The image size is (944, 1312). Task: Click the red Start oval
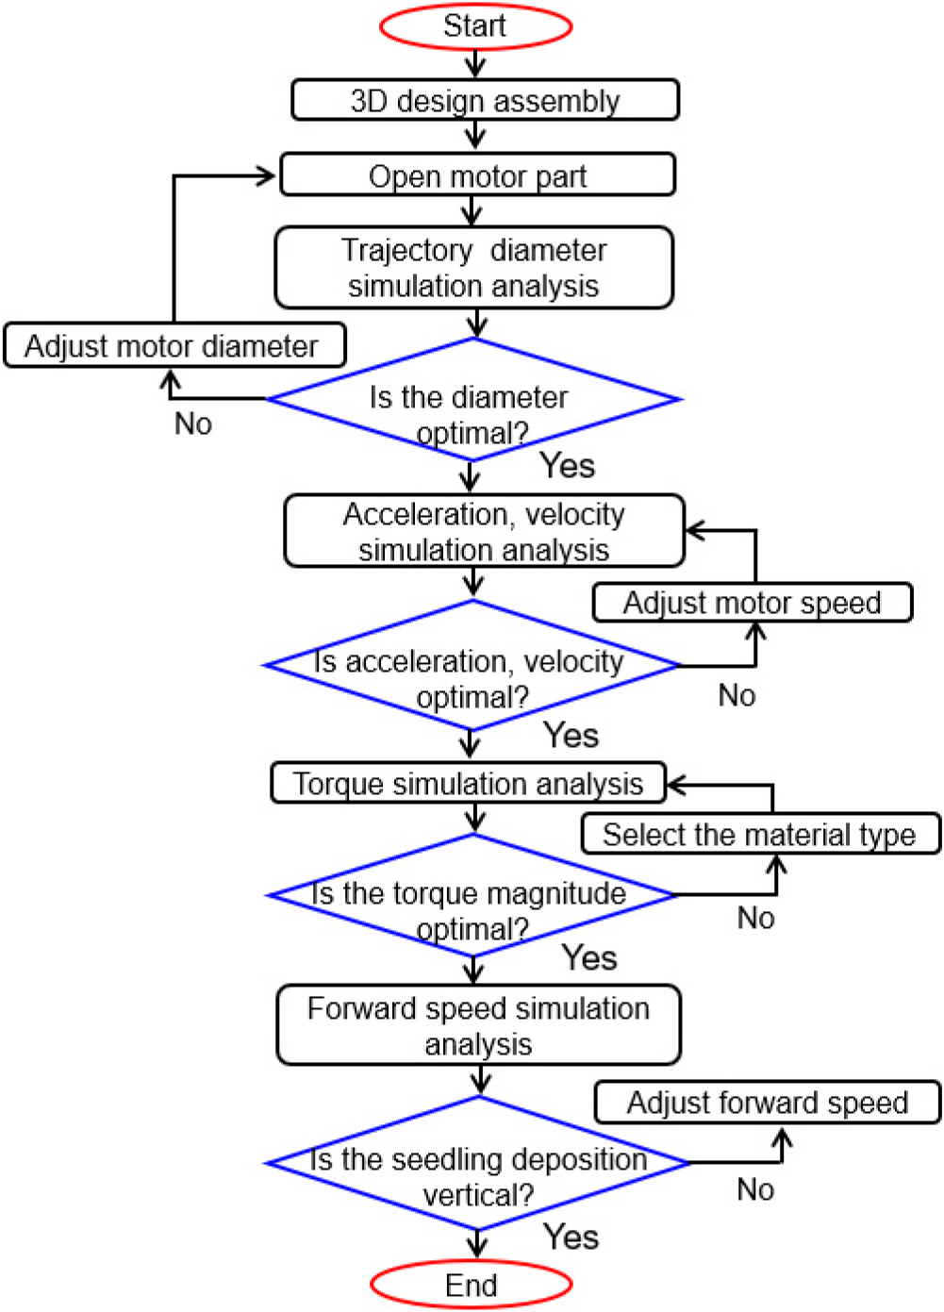pos(475,26)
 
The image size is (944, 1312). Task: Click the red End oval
pos(472,1285)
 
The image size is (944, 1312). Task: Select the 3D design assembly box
pos(485,100)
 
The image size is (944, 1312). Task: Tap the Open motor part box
pos(477,175)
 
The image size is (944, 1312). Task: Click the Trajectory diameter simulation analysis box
pos(473,268)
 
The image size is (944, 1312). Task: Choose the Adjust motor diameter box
pos(174,346)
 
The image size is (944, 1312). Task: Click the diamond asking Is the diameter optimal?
pos(472,401)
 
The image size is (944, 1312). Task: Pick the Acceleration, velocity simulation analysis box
pos(484,531)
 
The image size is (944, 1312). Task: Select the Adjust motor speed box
pos(752,603)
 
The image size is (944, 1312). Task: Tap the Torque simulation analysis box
pos(468,784)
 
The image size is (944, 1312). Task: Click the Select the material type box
pos(759,835)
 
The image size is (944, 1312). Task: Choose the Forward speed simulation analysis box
pos(478,1025)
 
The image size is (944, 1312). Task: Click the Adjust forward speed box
pos(767,1103)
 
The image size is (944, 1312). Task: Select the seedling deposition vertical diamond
pos(477,1164)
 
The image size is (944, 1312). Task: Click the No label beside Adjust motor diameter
pos(193,424)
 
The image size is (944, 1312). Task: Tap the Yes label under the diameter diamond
pos(567,466)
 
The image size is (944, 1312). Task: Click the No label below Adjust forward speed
pos(755,1190)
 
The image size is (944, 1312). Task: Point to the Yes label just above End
pos(571,1237)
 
